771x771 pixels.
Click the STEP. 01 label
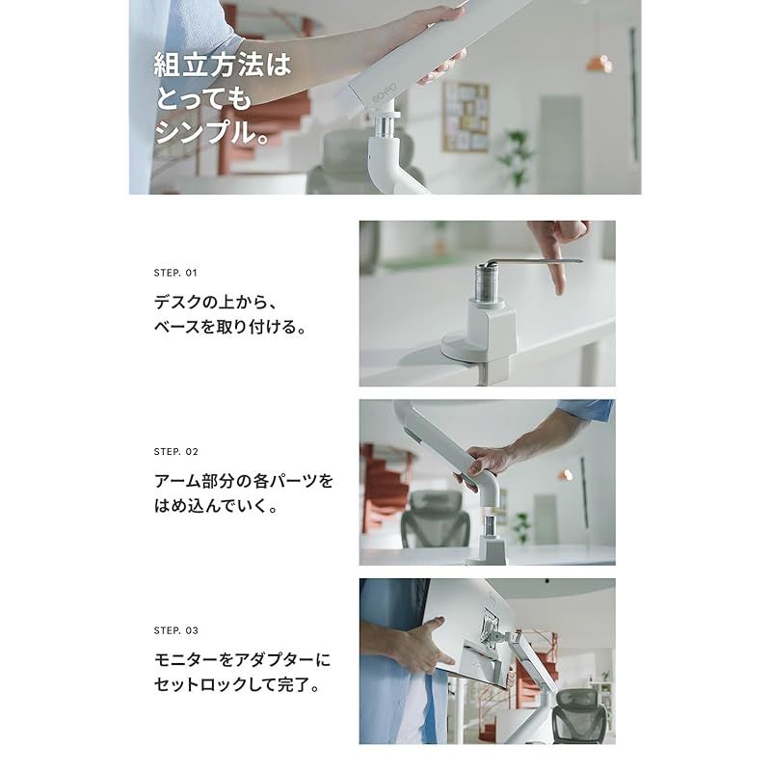click(x=175, y=273)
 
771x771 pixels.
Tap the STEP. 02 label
click(x=175, y=451)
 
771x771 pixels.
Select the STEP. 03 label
click(x=175, y=630)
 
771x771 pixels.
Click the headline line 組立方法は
click(x=222, y=66)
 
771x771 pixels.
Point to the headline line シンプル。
click(x=212, y=131)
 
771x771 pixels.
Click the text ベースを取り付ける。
click(x=230, y=327)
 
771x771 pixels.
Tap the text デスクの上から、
click(x=219, y=300)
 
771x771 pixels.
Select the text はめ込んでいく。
click(x=216, y=506)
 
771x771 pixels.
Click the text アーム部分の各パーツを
click(x=243, y=479)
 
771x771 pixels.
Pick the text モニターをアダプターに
click(x=242, y=659)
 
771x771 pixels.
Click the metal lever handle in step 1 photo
click(x=540, y=260)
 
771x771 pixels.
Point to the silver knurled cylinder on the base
click(x=483, y=279)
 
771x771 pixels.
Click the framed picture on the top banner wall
click(x=465, y=115)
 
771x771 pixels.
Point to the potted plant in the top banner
click(x=515, y=154)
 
